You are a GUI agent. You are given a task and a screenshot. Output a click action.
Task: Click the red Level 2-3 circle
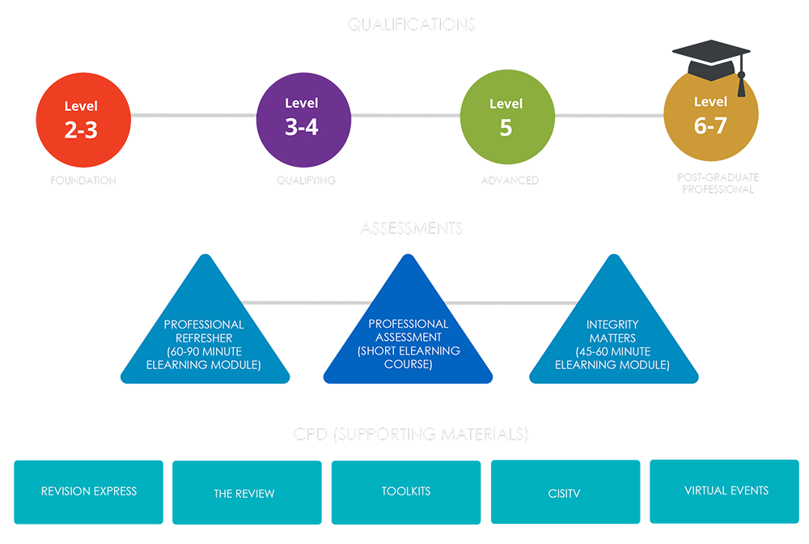point(83,119)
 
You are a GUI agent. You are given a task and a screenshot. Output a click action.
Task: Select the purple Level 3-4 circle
point(303,117)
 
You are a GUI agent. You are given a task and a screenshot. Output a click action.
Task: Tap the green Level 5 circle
point(507,117)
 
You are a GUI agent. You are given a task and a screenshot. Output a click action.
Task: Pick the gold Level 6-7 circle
point(710,117)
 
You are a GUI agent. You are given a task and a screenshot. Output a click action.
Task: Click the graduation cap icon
point(712,58)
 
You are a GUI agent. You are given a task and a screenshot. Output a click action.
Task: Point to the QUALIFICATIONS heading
point(411,24)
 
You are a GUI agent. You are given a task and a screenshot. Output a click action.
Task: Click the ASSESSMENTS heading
point(411,229)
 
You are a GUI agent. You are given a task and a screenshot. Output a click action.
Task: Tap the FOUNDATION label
point(83,180)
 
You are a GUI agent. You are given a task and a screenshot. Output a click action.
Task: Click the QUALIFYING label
point(306,180)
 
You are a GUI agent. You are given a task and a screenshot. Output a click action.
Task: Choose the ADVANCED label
point(510,180)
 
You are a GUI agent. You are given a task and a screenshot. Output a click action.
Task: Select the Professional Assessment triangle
point(409,340)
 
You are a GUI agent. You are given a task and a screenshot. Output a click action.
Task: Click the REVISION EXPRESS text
point(89,491)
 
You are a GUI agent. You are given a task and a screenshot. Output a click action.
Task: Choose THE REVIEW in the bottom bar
point(244,493)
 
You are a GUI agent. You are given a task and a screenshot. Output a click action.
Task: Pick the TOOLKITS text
point(406,491)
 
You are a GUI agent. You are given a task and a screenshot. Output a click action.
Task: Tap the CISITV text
point(564,493)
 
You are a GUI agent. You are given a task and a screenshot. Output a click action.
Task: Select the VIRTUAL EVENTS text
point(726,491)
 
